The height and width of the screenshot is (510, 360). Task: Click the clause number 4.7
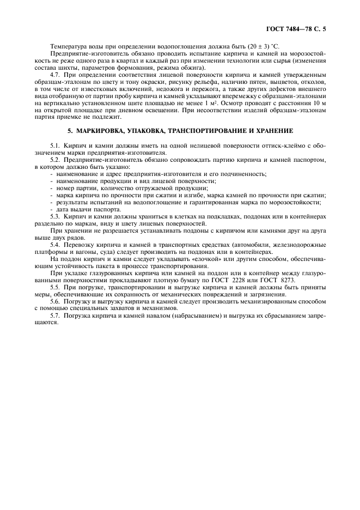tap(56, 74)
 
